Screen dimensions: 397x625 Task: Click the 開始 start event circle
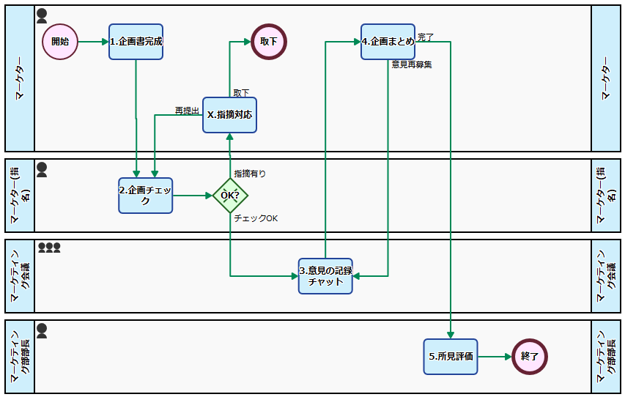click(60, 42)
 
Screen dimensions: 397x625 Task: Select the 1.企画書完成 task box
click(136, 42)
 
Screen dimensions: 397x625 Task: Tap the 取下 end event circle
click(269, 42)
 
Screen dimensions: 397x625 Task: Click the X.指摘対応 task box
click(229, 115)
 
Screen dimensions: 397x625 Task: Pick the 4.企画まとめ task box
click(388, 42)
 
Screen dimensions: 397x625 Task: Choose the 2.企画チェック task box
click(146, 196)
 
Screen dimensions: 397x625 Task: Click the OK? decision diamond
click(230, 196)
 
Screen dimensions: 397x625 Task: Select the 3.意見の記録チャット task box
click(325, 276)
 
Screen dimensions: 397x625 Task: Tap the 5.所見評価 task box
click(450, 357)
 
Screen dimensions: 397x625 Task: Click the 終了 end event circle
click(530, 357)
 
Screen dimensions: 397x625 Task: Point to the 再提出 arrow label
click(187, 111)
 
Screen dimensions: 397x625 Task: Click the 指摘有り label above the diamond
click(250, 174)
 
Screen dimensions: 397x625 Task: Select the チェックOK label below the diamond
click(256, 218)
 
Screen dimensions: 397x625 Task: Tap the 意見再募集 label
click(411, 64)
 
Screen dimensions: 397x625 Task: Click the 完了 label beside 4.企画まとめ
click(426, 37)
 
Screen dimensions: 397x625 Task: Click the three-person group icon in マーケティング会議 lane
click(49, 248)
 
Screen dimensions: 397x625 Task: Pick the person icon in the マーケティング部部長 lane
click(42, 331)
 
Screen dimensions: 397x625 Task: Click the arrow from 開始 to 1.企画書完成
click(93, 42)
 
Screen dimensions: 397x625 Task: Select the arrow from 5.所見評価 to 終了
click(495, 357)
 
